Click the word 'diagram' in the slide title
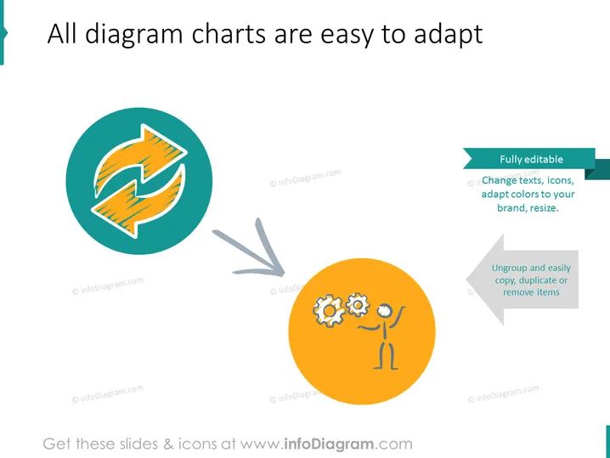tap(134, 35)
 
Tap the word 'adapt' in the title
tap(449, 35)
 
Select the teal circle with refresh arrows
tap(139, 181)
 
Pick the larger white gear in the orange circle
tap(329, 310)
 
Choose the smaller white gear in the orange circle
tap(358, 305)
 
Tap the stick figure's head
tap(385, 310)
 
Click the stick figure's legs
tap(386, 355)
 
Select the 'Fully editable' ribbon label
tap(531, 159)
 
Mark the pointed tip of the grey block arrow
tap(466, 280)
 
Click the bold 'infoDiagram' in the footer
tap(329, 444)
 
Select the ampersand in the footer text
tap(168, 444)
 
